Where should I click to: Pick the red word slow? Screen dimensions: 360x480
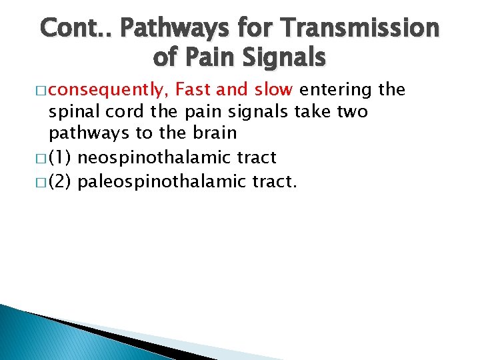(273, 89)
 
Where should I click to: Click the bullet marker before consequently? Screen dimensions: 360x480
(43, 89)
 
